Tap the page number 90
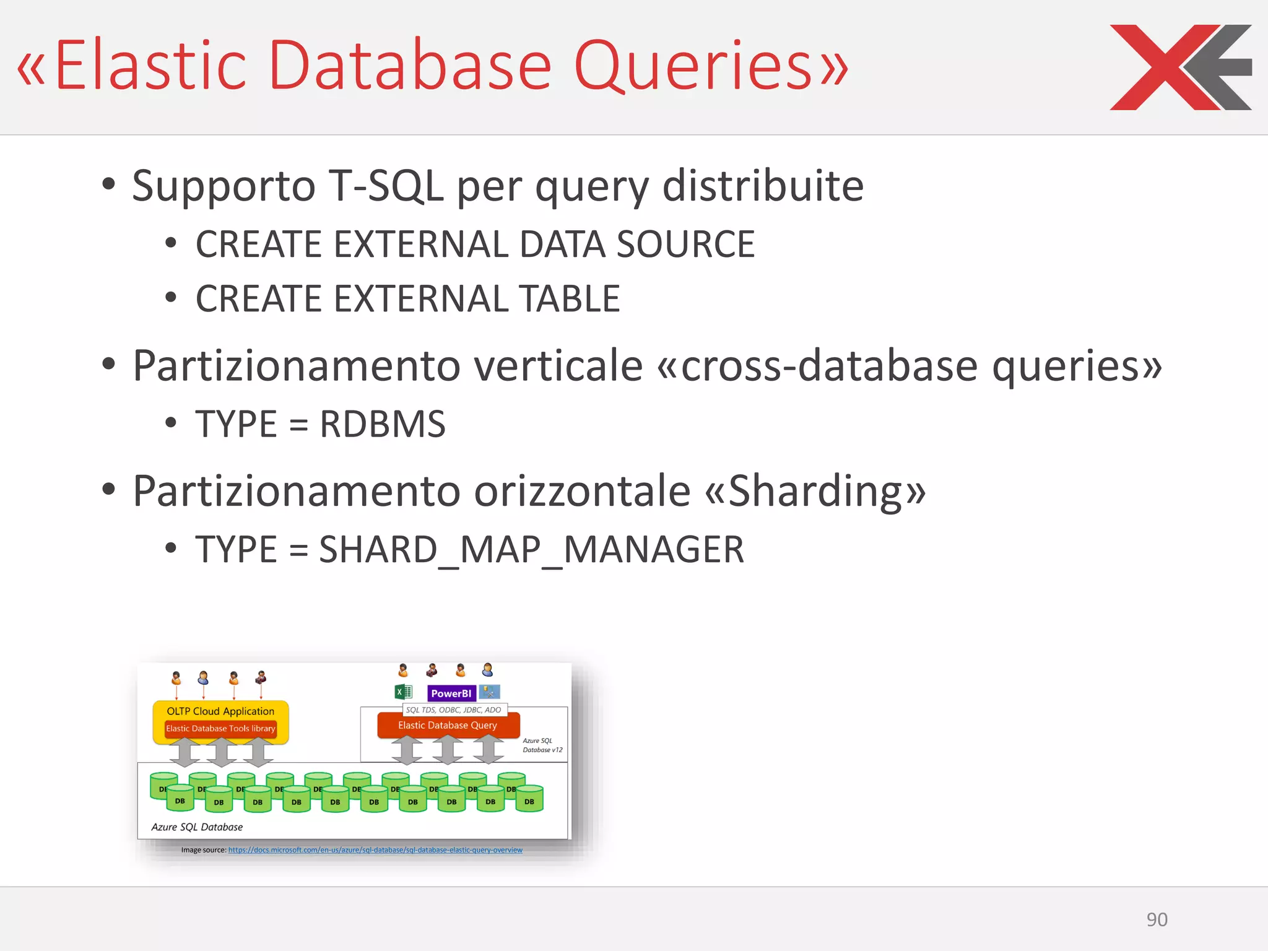pyautogui.click(x=1157, y=919)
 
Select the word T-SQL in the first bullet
pyautogui.click(x=385, y=186)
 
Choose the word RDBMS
pyautogui.click(x=382, y=425)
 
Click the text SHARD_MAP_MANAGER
pyautogui.click(x=531, y=550)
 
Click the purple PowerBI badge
pyautogui.click(x=451, y=693)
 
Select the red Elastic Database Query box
pyautogui.click(x=448, y=725)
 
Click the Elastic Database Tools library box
pyautogui.click(x=220, y=729)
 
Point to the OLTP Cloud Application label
pyautogui.click(x=220, y=711)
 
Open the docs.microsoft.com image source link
pyautogui.click(x=375, y=850)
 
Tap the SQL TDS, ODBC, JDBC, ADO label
pyautogui.click(x=454, y=710)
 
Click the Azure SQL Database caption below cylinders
pyautogui.click(x=197, y=827)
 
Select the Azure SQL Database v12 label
pyautogui.click(x=542, y=745)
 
